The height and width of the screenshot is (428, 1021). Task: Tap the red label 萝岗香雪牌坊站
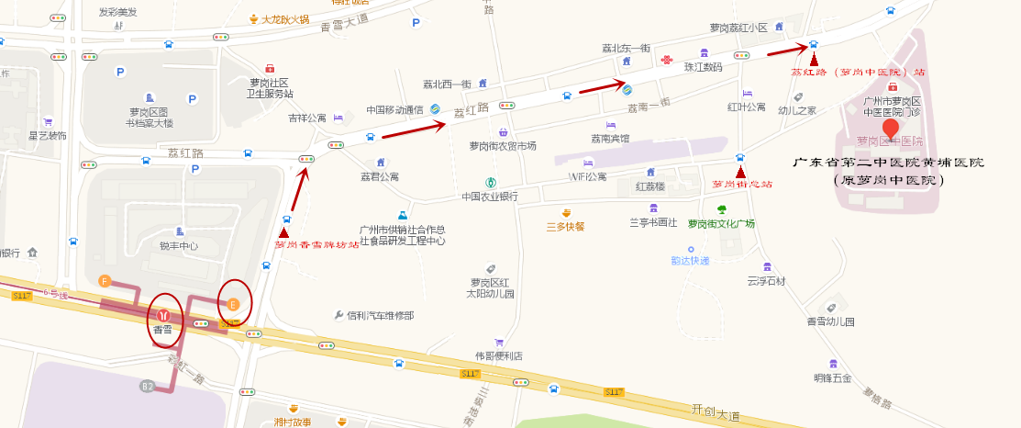[x=316, y=244]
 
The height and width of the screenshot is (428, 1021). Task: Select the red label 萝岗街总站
[x=742, y=184]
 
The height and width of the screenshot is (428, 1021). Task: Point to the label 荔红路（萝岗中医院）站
[x=859, y=71]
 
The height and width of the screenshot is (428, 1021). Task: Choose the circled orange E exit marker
[x=234, y=303]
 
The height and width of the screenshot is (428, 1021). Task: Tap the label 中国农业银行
[x=489, y=197]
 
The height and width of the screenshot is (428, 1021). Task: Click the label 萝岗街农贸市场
[x=502, y=145]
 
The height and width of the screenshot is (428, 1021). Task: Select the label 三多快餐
[x=565, y=226]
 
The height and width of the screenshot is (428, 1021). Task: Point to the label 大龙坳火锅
[x=283, y=18]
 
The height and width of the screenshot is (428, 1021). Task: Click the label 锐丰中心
[x=178, y=245]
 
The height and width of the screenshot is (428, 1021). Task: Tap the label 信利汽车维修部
[x=380, y=315]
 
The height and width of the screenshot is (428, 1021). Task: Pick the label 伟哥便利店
[x=498, y=355]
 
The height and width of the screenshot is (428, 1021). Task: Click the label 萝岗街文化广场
[x=721, y=223]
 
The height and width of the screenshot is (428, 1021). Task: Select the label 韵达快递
[x=690, y=260]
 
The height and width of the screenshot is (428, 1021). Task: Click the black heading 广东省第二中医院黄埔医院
[x=888, y=162]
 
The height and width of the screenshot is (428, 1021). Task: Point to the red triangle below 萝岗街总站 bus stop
[x=740, y=170]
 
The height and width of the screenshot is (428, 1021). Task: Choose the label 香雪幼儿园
[x=830, y=321]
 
